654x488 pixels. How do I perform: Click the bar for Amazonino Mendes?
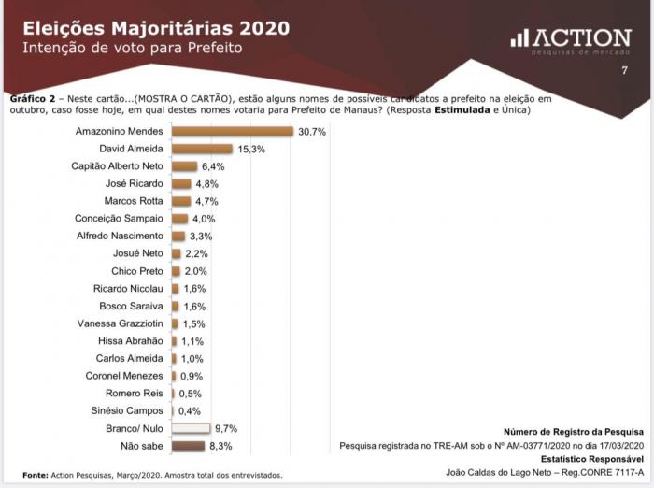click(233, 132)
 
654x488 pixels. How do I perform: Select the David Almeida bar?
click(202, 149)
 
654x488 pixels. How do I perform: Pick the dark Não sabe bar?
click(188, 446)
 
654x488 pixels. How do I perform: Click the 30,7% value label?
click(311, 132)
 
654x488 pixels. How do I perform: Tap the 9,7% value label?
click(226, 429)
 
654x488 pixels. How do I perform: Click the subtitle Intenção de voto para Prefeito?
click(132, 47)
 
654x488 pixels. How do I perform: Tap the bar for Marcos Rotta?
click(181, 201)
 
